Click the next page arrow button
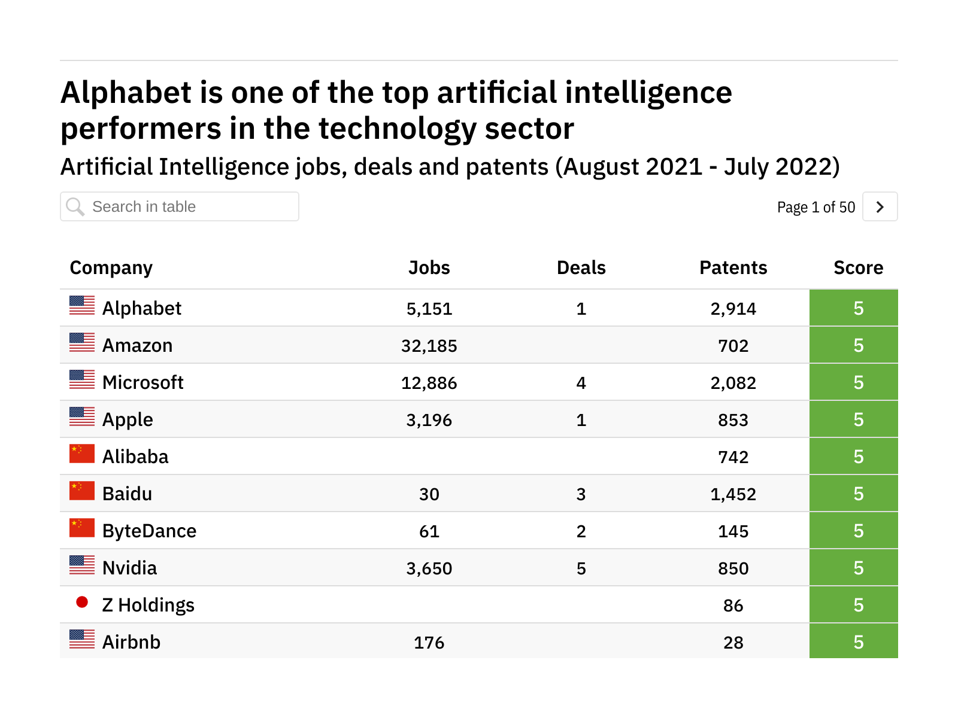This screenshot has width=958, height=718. [x=880, y=207]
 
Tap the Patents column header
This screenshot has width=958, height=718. [x=733, y=267]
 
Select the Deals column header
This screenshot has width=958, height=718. [x=581, y=267]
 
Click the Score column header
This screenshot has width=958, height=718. [x=858, y=267]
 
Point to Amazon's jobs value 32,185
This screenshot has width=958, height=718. [x=429, y=346]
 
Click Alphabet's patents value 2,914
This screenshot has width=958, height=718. [x=733, y=309]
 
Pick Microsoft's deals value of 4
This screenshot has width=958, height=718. [x=581, y=383]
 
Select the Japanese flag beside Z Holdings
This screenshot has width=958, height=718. [x=82, y=602]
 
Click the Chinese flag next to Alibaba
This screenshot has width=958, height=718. [x=82, y=454]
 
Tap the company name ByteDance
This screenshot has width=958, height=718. [x=149, y=531]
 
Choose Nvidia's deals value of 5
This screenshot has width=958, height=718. [x=581, y=568]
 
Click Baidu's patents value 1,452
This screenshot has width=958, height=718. [x=733, y=494]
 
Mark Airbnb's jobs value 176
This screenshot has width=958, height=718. [x=429, y=643]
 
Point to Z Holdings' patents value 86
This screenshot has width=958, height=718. [x=733, y=606]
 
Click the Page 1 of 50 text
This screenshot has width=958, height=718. [x=815, y=208]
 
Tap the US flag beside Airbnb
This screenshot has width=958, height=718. [x=82, y=639]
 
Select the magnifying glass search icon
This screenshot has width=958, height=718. [x=75, y=207]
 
